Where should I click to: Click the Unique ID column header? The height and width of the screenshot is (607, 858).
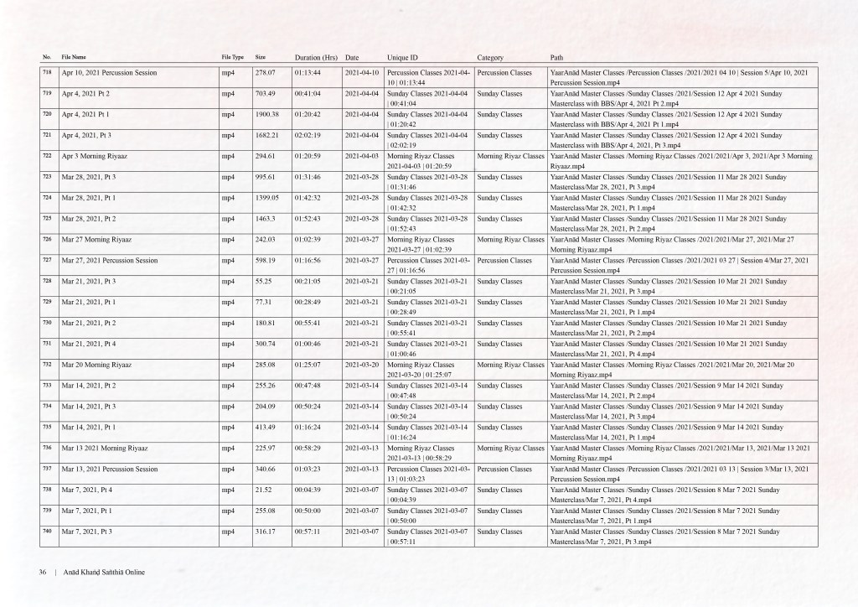pyautogui.click(x=406, y=57)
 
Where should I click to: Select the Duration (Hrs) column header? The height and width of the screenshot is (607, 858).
pyautogui.click(x=316, y=57)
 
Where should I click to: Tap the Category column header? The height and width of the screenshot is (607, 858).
pyautogui.click(x=490, y=57)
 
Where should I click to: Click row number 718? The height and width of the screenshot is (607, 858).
pyautogui.click(x=47, y=73)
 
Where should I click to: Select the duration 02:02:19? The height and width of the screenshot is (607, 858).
pyautogui.click(x=308, y=134)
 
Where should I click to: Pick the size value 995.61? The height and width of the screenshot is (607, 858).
pyautogui.click(x=266, y=177)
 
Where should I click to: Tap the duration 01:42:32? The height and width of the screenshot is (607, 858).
pyautogui.click(x=308, y=197)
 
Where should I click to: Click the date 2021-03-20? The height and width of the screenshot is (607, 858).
pyautogui.click(x=363, y=365)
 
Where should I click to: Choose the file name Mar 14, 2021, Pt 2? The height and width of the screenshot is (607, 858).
pyautogui.click(x=89, y=386)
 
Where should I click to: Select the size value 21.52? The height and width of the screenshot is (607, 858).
pyautogui.click(x=263, y=490)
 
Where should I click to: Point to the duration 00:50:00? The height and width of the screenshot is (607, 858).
pyautogui.click(x=308, y=511)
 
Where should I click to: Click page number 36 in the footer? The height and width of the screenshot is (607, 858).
pyautogui.click(x=42, y=573)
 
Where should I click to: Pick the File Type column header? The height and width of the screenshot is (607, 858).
pyautogui.click(x=233, y=57)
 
